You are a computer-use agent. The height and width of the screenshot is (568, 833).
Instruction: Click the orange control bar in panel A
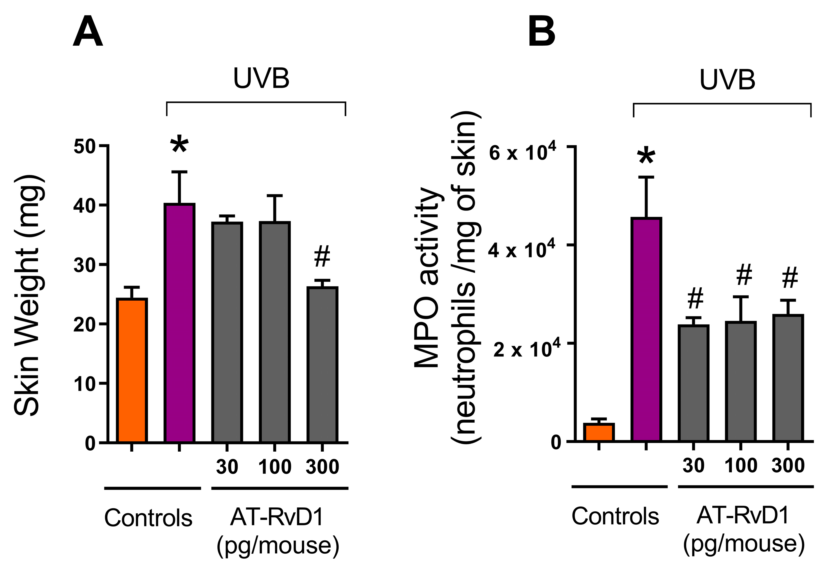click(x=132, y=371)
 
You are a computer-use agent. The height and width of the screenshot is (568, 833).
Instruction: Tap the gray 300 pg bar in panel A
click(x=322, y=365)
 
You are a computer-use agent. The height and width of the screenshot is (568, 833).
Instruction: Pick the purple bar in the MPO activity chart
click(x=647, y=329)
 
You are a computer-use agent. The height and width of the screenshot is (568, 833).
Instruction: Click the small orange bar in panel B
click(x=598, y=432)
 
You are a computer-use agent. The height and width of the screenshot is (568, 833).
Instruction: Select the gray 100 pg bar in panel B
click(x=741, y=381)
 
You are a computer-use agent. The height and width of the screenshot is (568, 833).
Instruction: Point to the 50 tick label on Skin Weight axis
click(x=85, y=147)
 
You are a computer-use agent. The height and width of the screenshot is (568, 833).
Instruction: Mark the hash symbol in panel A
click(x=322, y=256)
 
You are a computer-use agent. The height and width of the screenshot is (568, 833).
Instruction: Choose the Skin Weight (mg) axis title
click(x=29, y=296)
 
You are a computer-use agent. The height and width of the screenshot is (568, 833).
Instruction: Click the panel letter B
click(x=542, y=32)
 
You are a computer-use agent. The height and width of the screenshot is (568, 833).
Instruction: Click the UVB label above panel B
click(x=727, y=79)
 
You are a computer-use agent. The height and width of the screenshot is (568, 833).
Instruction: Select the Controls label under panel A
click(x=148, y=518)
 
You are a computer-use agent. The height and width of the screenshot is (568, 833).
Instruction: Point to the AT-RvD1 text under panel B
click(x=743, y=516)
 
